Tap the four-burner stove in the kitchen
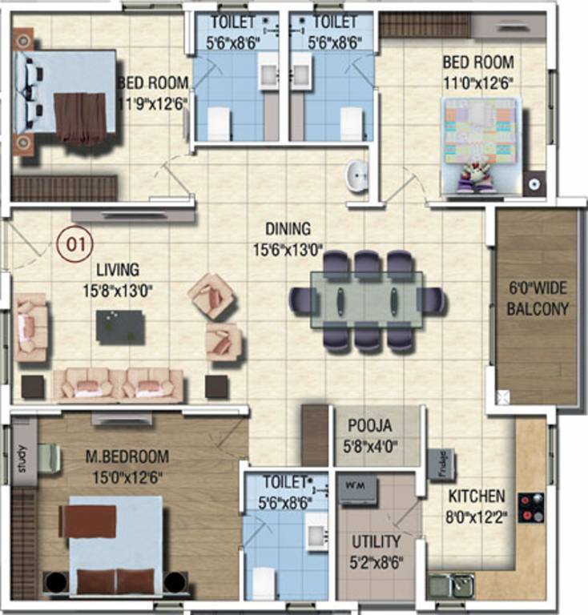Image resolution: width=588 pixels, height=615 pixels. [x=530, y=508]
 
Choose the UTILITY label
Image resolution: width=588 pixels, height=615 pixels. [x=376, y=542]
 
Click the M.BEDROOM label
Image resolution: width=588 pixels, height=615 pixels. [x=127, y=457]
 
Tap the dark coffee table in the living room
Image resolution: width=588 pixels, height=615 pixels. [x=120, y=326]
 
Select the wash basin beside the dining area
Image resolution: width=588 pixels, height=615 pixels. [x=357, y=175]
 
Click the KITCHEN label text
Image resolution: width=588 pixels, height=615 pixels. [x=476, y=496]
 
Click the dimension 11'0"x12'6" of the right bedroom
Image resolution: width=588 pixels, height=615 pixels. [x=477, y=82]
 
